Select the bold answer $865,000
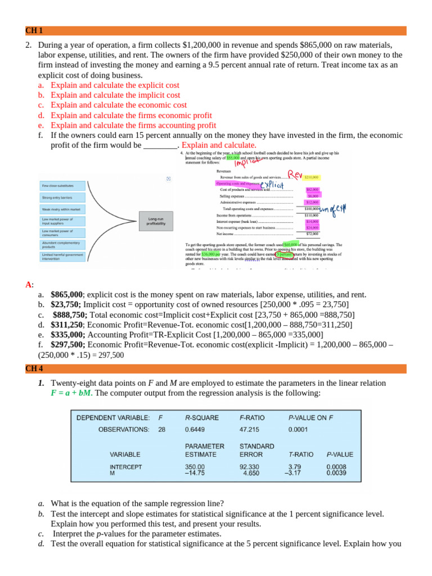66,294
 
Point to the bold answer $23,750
66,304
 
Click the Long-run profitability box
156,221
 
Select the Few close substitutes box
62,186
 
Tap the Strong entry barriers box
62,197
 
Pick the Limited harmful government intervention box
62,256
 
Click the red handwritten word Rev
296,172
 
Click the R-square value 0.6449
195,429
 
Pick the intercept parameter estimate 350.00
195,466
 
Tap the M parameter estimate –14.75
195,473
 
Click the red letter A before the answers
28,285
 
